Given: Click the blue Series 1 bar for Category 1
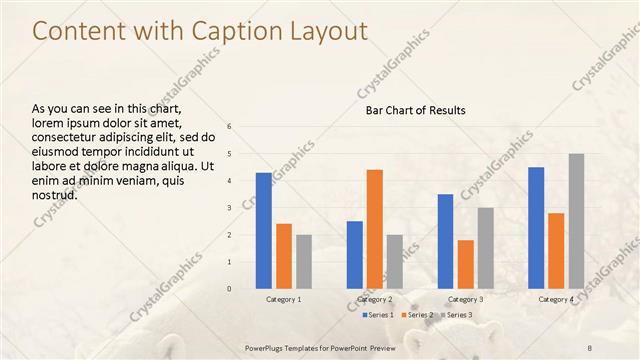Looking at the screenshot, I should click(x=264, y=231).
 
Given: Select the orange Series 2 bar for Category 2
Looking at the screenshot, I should click(x=375, y=229).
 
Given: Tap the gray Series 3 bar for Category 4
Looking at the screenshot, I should click(x=576, y=221).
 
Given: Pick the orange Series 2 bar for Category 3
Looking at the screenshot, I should click(x=466, y=264).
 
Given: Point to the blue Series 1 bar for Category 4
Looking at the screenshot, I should click(x=536, y=228).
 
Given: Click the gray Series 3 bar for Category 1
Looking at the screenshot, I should click(x=304, y=262).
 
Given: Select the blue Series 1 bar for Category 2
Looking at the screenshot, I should click(x=355, y=255).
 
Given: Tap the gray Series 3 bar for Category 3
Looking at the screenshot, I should click(x=486, y=248).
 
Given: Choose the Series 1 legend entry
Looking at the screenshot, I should click(x=378, y=315).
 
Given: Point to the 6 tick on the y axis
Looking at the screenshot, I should click(x=229, y=127).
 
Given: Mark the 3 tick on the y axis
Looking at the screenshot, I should click(x=229, y=208).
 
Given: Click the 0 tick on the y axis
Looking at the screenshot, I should click(x=229, y=289).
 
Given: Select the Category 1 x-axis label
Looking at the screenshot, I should click(x=284, y=299).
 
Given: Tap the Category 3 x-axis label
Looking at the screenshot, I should click(x=466, y=299).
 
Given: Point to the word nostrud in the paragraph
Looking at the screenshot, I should click(x=55, y=194).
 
